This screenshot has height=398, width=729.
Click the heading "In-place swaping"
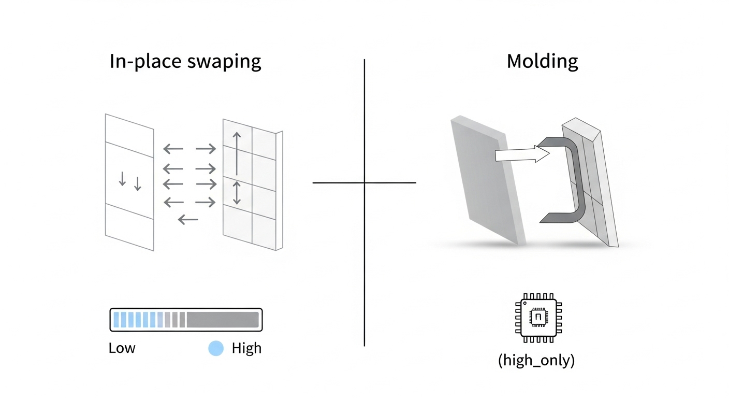click(x=185, y=61)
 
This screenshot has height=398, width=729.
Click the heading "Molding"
click(x=542, y=61)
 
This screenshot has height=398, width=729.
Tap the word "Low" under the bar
click(x=122, y=348)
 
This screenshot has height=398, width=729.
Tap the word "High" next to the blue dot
click(x=246, y=348)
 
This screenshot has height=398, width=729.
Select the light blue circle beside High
click(x=215, y=348)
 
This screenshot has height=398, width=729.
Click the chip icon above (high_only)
click(x=538, y=317)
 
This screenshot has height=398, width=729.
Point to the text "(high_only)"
click(x=536, y=361)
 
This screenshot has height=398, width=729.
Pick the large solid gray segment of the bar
click(x=222, y=320)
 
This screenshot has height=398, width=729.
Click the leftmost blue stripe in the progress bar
click(x=116, y=320)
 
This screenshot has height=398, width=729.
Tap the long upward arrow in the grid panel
click(x=237, y=153)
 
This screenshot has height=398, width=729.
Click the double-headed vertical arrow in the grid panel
click(x=237, y=193)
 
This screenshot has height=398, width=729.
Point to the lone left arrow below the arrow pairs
click(x=188, y=220)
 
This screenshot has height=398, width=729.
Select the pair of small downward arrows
click(x=130, y=181)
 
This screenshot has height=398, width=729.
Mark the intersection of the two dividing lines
click(x=364, y=182)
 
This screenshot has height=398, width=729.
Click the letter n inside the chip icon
click(x=538, y=317)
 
